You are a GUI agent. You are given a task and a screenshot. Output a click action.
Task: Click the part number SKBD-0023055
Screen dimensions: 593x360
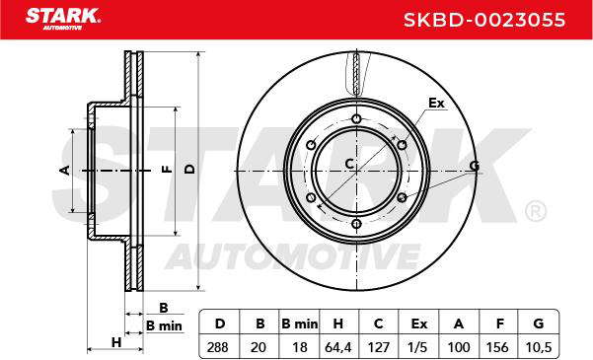coord(484,20)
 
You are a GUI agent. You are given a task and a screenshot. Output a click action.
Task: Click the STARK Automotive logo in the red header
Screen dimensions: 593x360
coord(63,19)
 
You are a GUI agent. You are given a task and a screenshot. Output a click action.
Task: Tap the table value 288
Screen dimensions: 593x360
coord(218,347)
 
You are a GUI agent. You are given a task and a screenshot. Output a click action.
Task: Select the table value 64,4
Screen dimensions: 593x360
coord(338,347)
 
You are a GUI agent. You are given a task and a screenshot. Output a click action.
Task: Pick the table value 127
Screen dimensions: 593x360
coord(379,347)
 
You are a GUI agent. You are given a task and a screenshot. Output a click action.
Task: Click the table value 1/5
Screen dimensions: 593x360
coord(419,347)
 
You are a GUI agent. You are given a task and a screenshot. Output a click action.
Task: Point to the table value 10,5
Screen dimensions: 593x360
coord(539,347)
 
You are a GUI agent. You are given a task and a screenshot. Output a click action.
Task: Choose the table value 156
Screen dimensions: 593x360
coord(498,347)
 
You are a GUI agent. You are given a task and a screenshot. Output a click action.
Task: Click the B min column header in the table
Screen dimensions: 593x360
coord(300,324)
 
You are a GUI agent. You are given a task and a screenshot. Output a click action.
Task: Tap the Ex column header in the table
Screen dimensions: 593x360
coord(419,324)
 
